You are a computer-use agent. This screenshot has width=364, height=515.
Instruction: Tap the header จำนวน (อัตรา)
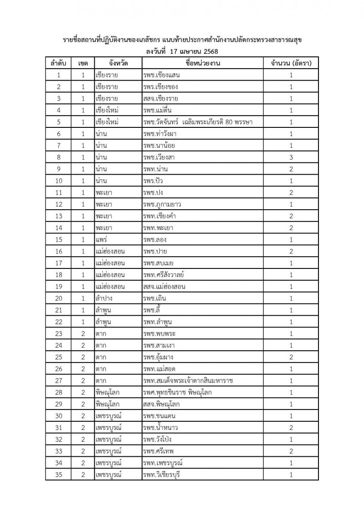291,63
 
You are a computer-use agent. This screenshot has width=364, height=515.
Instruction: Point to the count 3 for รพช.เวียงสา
291,157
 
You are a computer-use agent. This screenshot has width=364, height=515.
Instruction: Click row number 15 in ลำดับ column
58,240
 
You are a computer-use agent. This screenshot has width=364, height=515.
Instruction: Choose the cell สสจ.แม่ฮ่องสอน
164,287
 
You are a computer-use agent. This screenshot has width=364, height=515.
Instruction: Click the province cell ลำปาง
104,298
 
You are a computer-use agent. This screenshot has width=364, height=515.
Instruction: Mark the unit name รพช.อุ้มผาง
159,357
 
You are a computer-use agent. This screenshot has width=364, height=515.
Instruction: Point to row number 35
58,475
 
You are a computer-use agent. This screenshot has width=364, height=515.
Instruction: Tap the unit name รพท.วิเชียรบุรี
162,475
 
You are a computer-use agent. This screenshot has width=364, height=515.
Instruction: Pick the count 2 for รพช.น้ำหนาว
291,428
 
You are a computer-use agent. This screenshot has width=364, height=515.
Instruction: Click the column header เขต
83,63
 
